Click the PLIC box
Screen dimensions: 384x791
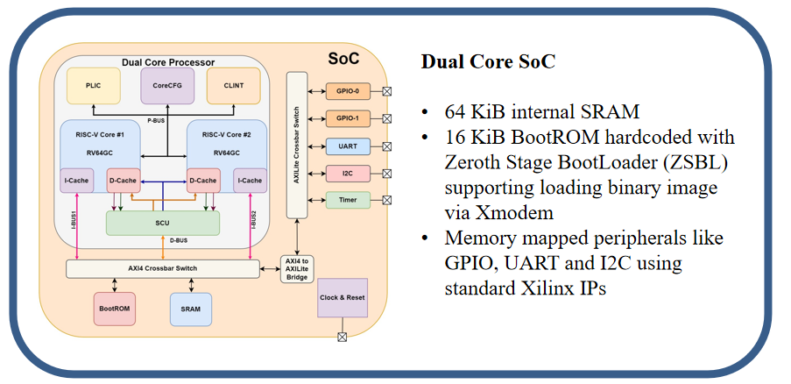tap(94, 87)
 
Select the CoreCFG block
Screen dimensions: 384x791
tap(167, 87)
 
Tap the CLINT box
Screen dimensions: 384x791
tap(233, 87)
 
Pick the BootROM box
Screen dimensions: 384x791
tap(115, 308)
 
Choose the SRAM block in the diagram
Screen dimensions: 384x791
tap(191, 308)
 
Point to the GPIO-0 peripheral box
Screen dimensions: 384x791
tap(342, 90)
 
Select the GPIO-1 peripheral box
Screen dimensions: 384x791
tap(342, 117)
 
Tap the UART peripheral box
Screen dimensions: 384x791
tap(342, 146)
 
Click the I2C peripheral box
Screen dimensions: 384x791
tap(342, 173)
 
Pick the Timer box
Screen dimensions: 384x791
tap(342, 200)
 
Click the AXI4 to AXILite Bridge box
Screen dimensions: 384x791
tap(293, 268)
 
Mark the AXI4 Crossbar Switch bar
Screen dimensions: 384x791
tap(163, 268)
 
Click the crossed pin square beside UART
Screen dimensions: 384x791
tap(386, 146)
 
